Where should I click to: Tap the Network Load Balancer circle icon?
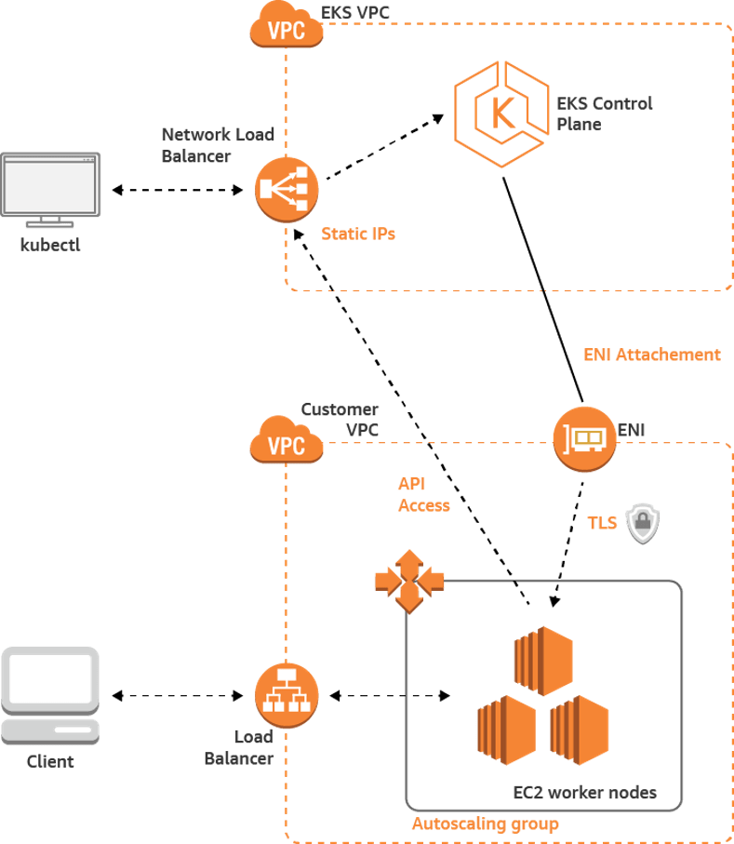(x=287, y=189)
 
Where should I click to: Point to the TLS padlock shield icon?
(x=643, y=525)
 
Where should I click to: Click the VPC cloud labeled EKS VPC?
(x=287, y=28)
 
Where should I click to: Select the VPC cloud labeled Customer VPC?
(x=287, y=444)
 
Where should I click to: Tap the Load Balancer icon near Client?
(x=287, y=695)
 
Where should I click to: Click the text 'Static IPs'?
(x=358, y=234)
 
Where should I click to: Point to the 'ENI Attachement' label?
(x=651, y=355)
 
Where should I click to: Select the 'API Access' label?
(x=423, y=495)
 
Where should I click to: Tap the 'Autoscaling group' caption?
(x=484, y=824)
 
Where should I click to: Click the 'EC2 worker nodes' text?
(x=585, y=793)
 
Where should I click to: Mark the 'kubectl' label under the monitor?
(x=50, y=247)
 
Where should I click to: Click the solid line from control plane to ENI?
(x=540, y=288)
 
